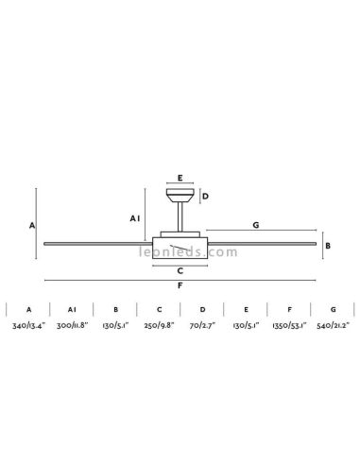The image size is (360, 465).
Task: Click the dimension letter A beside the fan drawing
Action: point(32,226)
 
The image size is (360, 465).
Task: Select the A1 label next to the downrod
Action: point(135,218)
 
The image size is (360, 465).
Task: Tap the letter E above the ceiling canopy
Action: point(180,178)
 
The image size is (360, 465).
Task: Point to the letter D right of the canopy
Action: point(205,197)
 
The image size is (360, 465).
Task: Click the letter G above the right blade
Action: point(256,225)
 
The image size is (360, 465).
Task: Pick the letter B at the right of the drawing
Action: point(328,246)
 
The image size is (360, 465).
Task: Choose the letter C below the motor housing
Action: point(180,271)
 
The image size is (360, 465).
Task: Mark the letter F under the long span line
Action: point(180,285)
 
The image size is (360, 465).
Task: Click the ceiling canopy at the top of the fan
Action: point(180,196)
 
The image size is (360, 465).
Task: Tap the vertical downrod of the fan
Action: point(180,216)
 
